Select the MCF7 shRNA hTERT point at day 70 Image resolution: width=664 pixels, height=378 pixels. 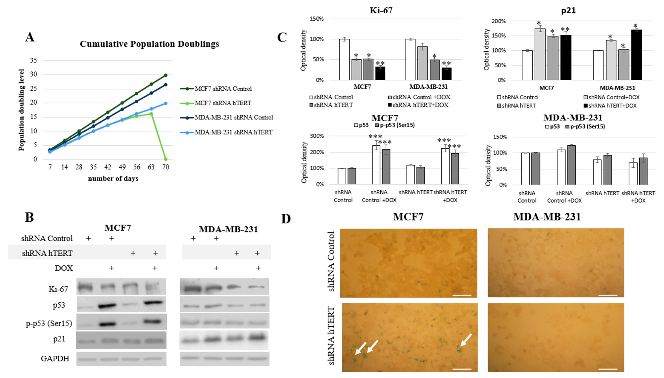click(x=166, y=159)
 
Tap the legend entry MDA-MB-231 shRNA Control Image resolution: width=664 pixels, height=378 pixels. click(x=234, y=118)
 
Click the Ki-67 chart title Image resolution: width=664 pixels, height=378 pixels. click(x=381, y=10)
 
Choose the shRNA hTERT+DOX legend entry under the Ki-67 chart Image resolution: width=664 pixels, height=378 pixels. click(x=420, y=105)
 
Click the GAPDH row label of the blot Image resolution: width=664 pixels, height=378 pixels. click(x=55, y=359)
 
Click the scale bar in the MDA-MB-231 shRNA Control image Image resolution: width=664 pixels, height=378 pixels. click(x=608, y=295)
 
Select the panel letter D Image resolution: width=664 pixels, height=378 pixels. click(x=286, y=219)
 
